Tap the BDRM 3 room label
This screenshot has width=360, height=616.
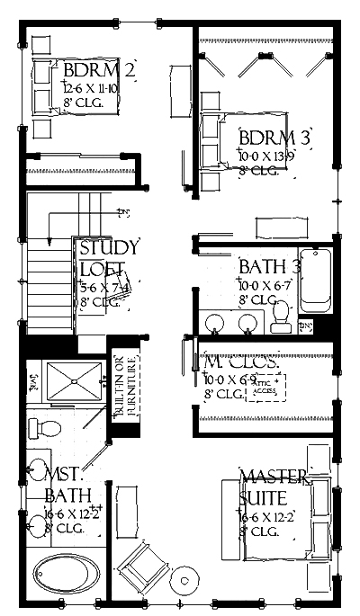click(x=274, y=138)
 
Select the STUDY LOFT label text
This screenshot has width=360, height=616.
click(x=109, y=257)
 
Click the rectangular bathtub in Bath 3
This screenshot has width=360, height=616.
click(x=316, y=281)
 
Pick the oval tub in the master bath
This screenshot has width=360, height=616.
click(x=67, y=571)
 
